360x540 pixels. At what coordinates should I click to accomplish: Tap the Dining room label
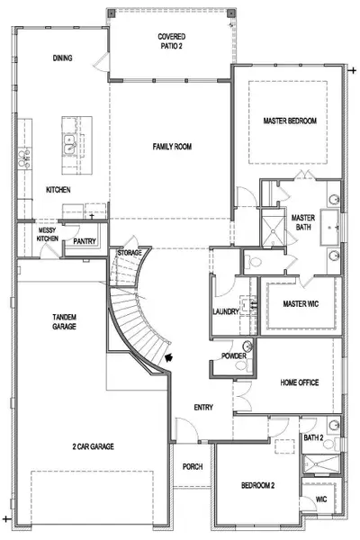coord(62,59)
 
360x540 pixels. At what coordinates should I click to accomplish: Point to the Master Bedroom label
coord(290,120)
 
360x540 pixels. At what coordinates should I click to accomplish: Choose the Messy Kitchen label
coord(48,234)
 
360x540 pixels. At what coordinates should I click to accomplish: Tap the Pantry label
coord(85,241)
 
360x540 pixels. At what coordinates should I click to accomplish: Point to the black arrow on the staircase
coord(170,359)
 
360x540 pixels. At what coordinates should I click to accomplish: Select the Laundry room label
coord(225,312)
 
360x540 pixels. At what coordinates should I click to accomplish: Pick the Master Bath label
coord(301,221)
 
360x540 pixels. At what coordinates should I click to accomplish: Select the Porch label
coord(192,466)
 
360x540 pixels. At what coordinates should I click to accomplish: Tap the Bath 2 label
coord(312,437)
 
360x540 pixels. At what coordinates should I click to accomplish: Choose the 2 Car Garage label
coord(94,445)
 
